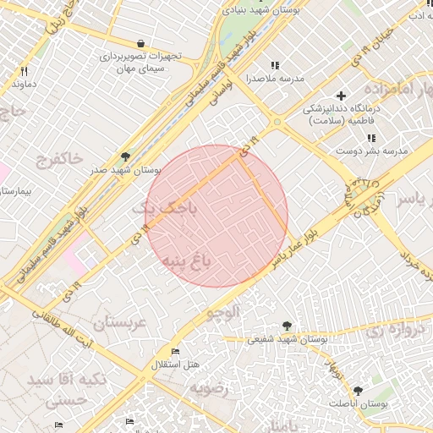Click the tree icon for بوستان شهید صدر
point(126,156)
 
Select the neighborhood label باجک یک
point(169,207)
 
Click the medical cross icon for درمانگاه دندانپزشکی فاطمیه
point(341,96)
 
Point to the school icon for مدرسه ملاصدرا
point(274,65)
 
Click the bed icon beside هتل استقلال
point(175,352)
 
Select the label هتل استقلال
point(175,364)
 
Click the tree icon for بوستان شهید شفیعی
point(288,326)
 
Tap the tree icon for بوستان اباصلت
point(358,391)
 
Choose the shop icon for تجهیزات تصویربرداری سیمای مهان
point(140,44)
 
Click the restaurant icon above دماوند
point(24,72)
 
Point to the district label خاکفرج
point(60,158)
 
